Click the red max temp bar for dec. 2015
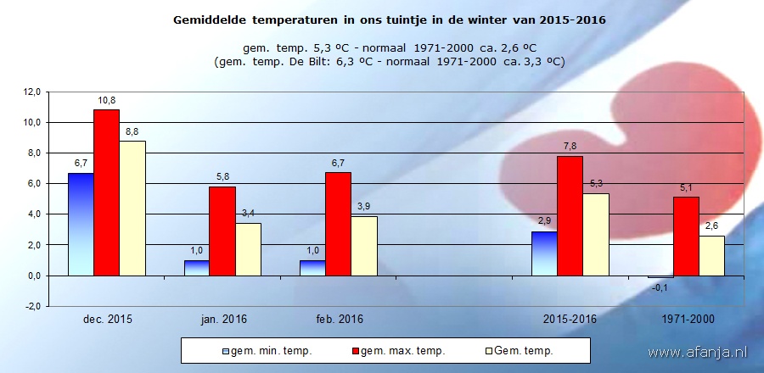click(106, 192)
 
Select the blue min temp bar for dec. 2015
click(81, 224)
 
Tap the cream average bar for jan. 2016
click(248, 249)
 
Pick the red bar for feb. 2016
click(338, 224)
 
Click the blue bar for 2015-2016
click(544, 253)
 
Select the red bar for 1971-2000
click(686, 236)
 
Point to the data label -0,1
click(660, 287)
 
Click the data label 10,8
click(106, 100)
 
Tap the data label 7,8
click(570, 146)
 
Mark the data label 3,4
click(248, 214)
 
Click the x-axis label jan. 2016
click(222, 320)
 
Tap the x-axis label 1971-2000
click(686, 320)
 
